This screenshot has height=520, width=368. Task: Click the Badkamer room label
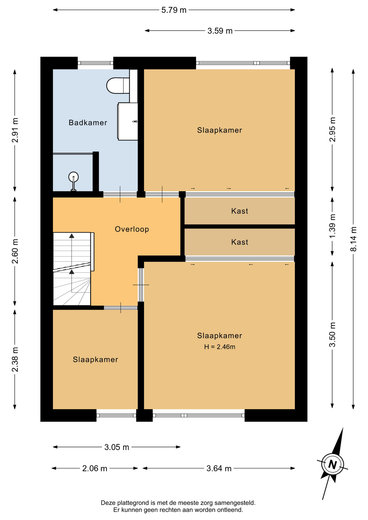[88, 123]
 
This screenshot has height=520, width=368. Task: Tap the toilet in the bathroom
[118, 86]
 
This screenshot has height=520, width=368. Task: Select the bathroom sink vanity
[128, 121]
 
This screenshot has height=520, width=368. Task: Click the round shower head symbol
[73, 177]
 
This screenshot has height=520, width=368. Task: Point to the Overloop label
[132, 229]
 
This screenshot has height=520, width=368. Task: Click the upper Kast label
[240, 211]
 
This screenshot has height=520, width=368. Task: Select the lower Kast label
[240, 242]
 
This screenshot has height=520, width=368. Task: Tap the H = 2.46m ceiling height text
[219, 347]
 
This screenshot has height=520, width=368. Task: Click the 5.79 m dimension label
[174, 10]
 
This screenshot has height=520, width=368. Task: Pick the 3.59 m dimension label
[220, 31]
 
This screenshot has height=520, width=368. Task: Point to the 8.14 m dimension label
[353, 239]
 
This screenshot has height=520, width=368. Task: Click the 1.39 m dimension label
[332, 226]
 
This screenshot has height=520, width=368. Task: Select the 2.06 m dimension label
[95, 468]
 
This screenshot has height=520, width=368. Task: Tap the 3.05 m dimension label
[117, 447]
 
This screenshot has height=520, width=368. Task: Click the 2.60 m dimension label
[15, 251]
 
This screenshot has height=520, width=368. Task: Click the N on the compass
[332, 464]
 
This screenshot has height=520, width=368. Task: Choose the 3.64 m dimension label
[219, 468]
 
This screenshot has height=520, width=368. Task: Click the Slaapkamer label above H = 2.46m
[219, 336]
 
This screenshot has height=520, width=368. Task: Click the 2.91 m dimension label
[15, 130]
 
